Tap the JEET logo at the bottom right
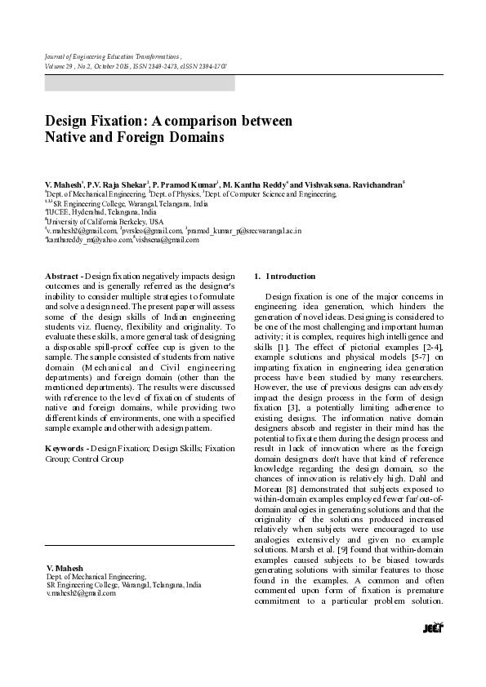tap(432, 627)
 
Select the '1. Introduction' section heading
tap(285, 277)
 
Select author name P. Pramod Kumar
tap(183, 185)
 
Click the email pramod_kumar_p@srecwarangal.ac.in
tap(245, 231)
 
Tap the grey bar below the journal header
tap(139, 82)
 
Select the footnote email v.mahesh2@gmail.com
tap(81, 593)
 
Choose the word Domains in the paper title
tap(194, 138)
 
